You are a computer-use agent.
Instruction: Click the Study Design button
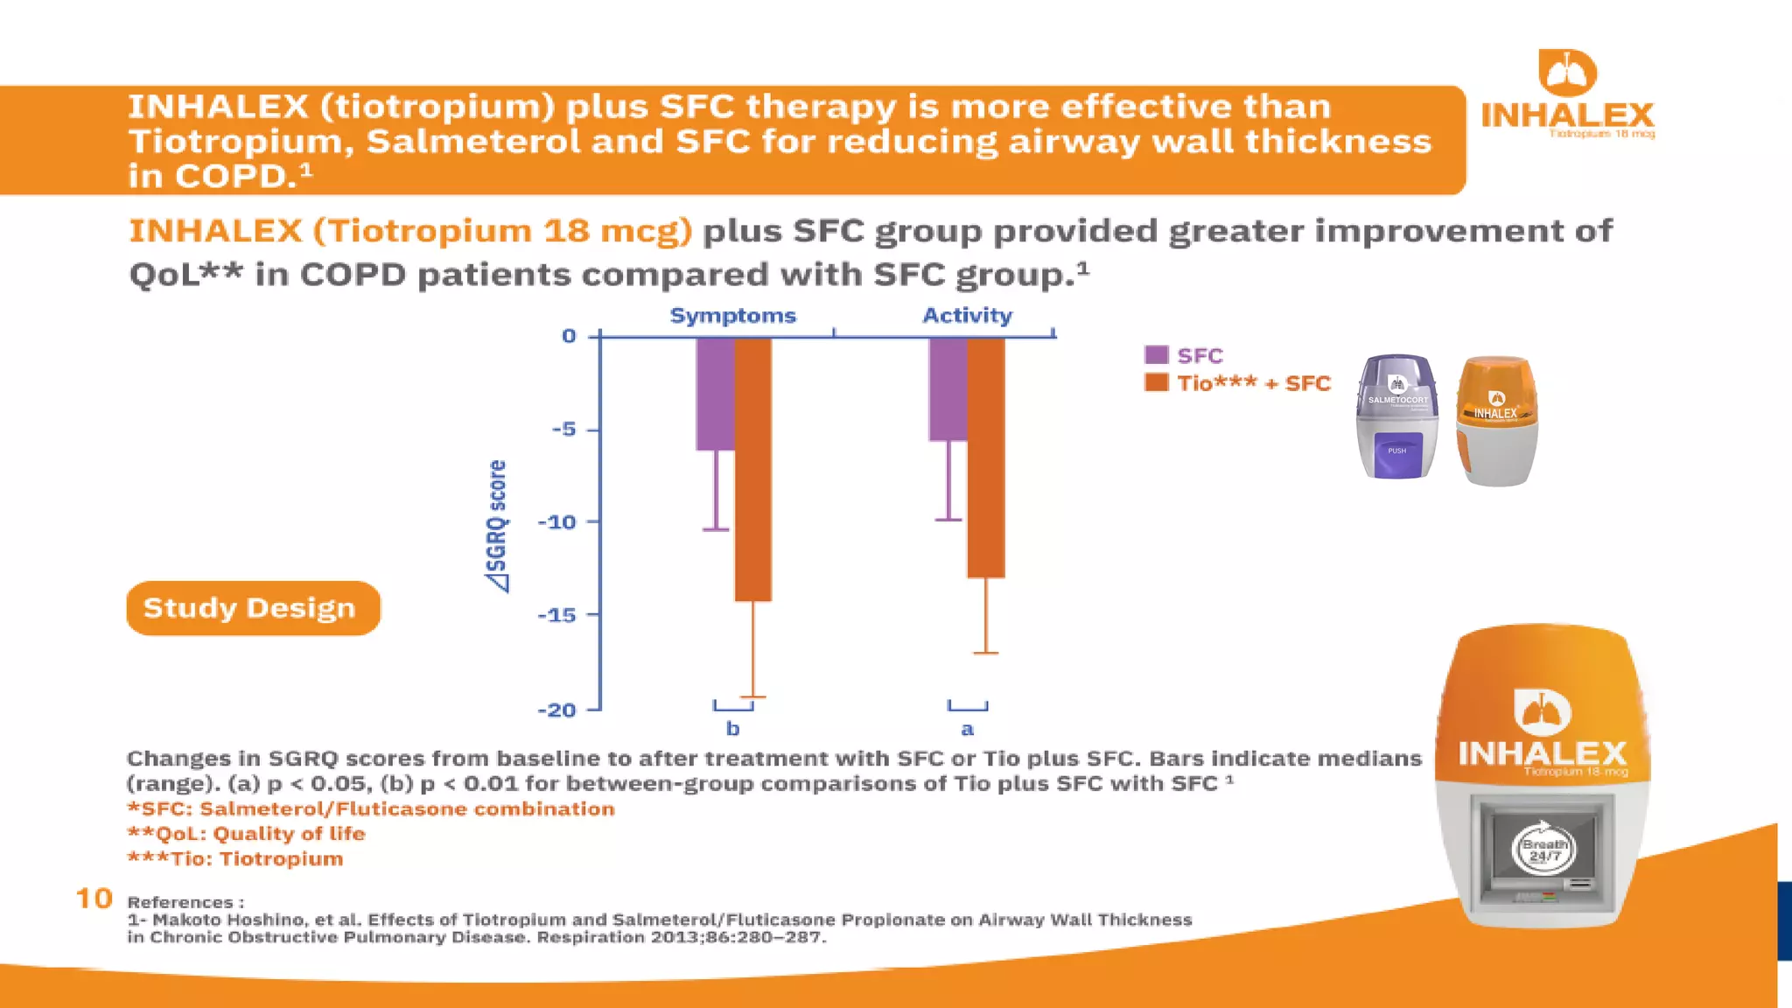tap(253, 608)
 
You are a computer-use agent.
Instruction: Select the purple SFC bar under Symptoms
tap(715, 394)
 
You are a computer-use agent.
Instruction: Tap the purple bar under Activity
tap(948, 389)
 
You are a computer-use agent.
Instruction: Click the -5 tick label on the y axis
tap(563, 429)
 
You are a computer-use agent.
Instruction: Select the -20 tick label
tap(557, 710)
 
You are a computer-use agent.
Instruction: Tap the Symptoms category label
tap(732, 315)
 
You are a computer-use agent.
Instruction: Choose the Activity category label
tap(967, 315)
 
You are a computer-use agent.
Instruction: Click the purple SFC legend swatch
tap(1156, 354)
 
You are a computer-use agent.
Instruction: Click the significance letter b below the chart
tap(733, 729)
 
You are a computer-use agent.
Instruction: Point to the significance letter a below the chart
tap(967, 729)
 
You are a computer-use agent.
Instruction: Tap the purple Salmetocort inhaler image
tap(1396, 416)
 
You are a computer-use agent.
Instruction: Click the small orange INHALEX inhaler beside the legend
tap(1496, 421)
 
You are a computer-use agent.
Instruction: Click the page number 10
tap(94, 899)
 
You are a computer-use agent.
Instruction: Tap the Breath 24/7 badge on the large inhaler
tap(1543, 848)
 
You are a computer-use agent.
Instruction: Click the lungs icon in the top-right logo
tap(1567, 73)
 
